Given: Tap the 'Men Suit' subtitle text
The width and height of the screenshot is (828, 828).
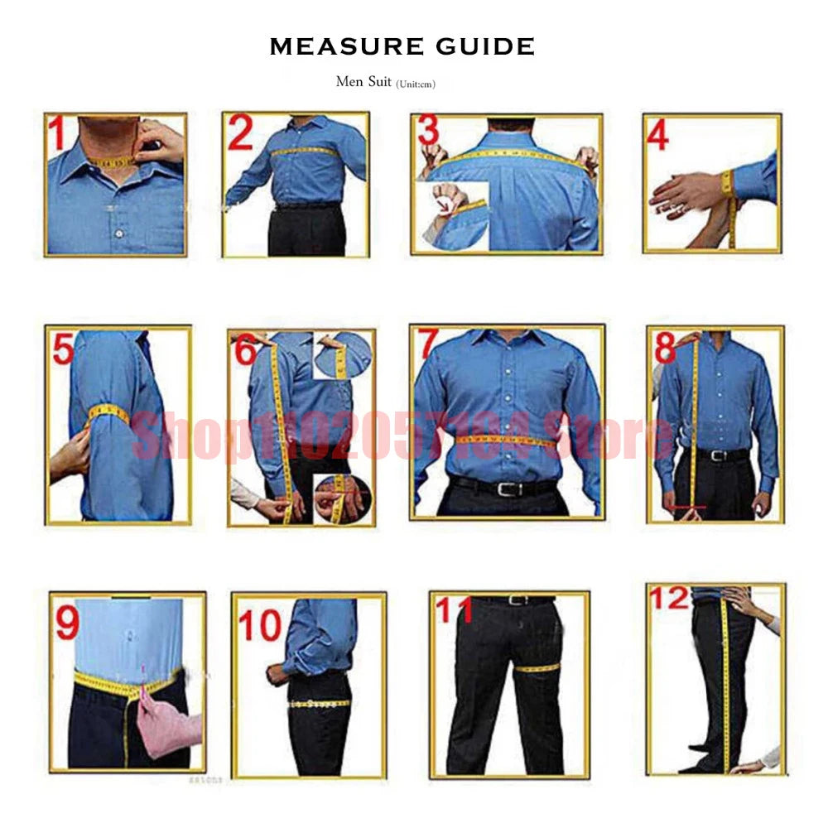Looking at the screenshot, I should (x=363, y=81).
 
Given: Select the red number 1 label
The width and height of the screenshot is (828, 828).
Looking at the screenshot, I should (x=56, y=133).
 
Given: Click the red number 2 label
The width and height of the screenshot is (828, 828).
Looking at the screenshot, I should (x=240, y=134).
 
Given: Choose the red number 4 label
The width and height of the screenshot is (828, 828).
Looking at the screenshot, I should (x=658, y=137).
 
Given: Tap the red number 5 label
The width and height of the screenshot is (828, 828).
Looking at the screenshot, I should (x=63, y=349).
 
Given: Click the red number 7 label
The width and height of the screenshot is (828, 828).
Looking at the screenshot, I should (x=427, y=344).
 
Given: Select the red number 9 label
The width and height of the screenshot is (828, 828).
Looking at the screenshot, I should (x=67, y=623).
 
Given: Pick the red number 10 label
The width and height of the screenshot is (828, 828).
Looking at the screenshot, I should (x=260, y=627).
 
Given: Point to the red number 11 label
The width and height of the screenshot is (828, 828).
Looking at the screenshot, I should (x=453, y=610).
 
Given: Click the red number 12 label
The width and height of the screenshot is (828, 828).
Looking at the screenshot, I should (x=669, y=598).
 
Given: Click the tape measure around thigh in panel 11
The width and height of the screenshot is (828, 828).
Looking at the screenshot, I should (x=539, y=667).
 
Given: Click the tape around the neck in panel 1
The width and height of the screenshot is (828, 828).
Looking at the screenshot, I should (x=115, y=161).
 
